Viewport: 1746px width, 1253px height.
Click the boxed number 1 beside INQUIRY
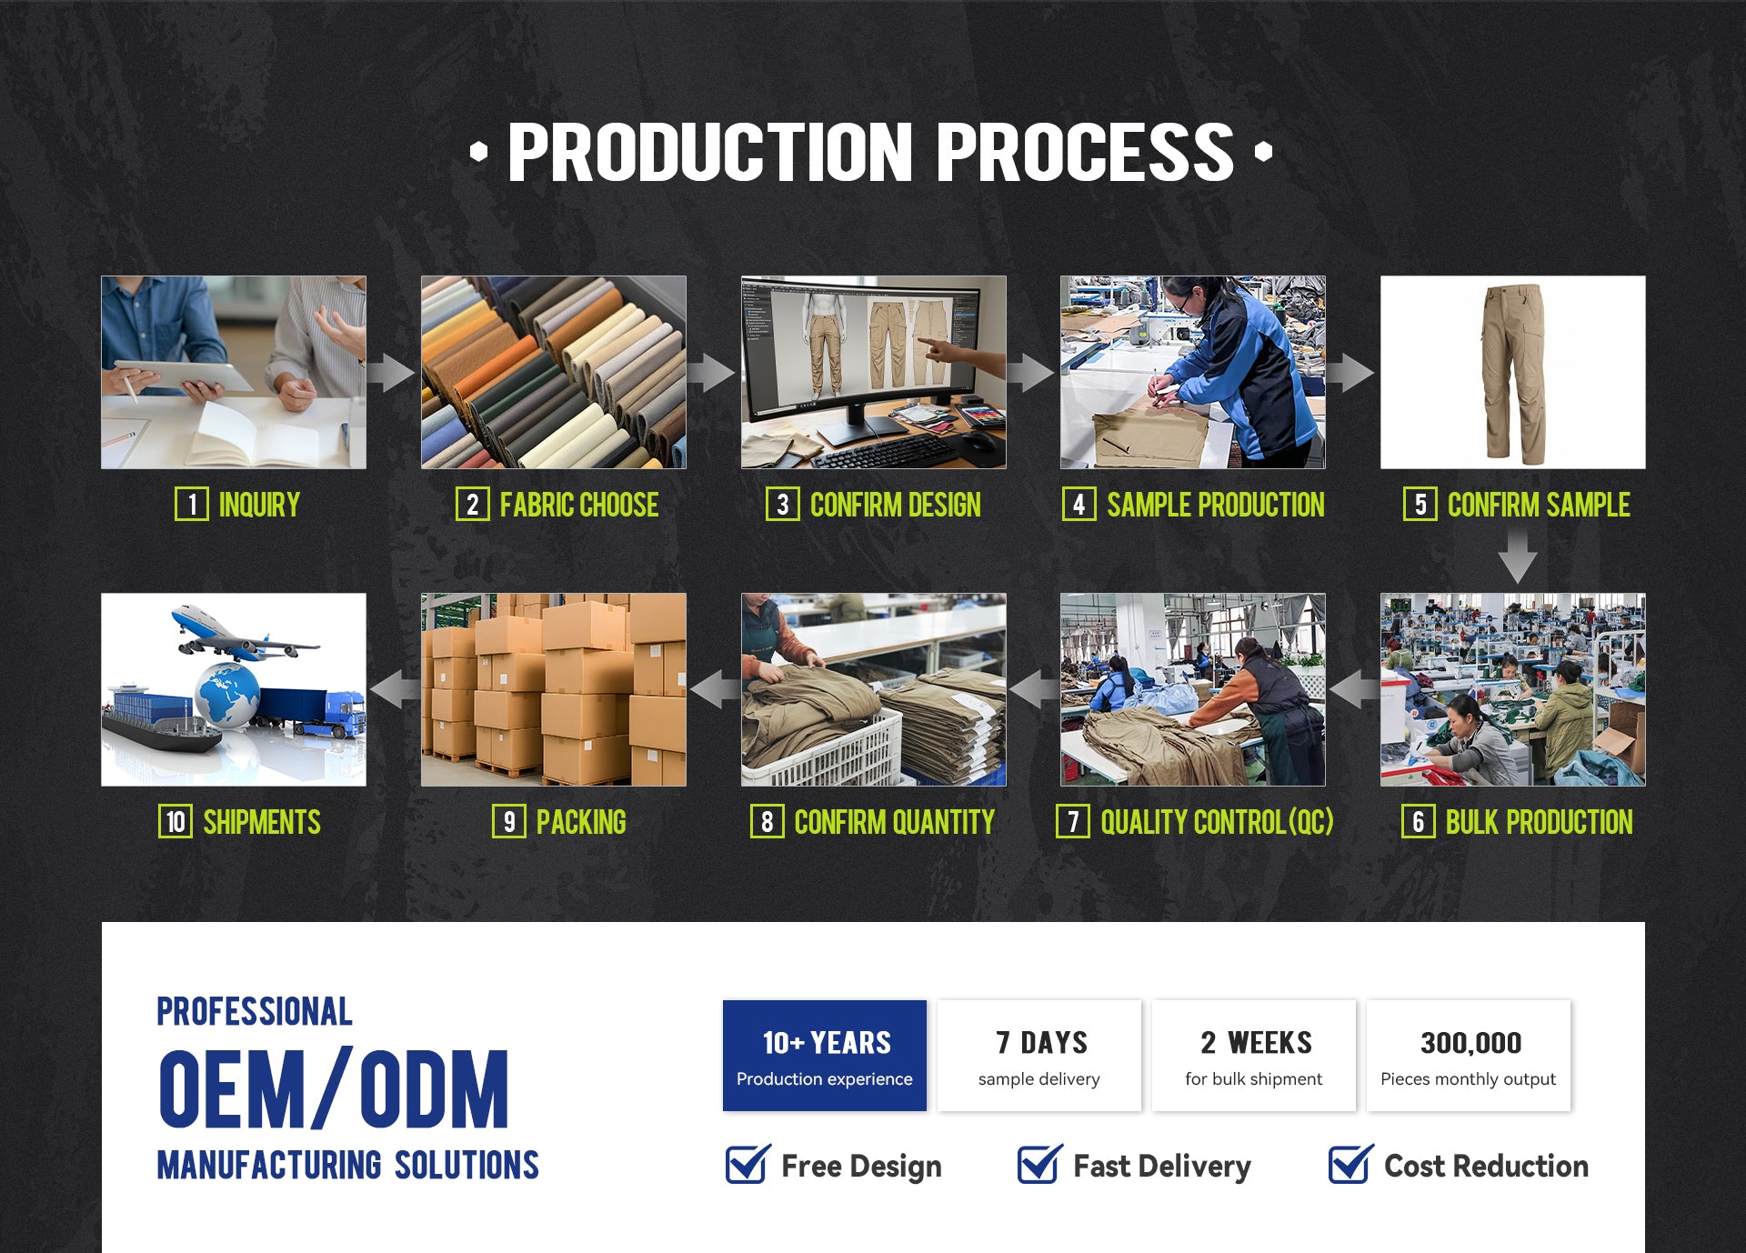coord(191,504)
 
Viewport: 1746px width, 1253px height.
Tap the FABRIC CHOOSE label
coord(579,505)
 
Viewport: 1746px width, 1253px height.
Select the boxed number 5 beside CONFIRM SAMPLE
coord(1420,504)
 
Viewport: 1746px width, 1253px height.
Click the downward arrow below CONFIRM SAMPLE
coord(1518,556)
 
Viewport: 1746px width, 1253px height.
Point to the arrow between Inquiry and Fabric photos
coord(392,372)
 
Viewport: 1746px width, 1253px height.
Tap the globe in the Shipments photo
coord(227,695)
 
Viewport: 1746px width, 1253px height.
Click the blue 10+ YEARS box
coord(825,1056)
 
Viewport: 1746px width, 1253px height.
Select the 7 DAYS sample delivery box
coord(1039,1056)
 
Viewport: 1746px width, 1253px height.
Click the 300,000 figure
coord(1470,1043)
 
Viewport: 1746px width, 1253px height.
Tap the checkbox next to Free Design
coord(748,1165)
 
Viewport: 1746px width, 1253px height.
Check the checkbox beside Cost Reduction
coord(1350,1165)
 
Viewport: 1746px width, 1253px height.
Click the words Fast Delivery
coord(1161,1166)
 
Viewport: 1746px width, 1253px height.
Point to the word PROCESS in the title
coord(1085,153)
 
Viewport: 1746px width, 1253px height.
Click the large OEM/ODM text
coord(334,1088)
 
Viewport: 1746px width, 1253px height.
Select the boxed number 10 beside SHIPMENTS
coord(175,821)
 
